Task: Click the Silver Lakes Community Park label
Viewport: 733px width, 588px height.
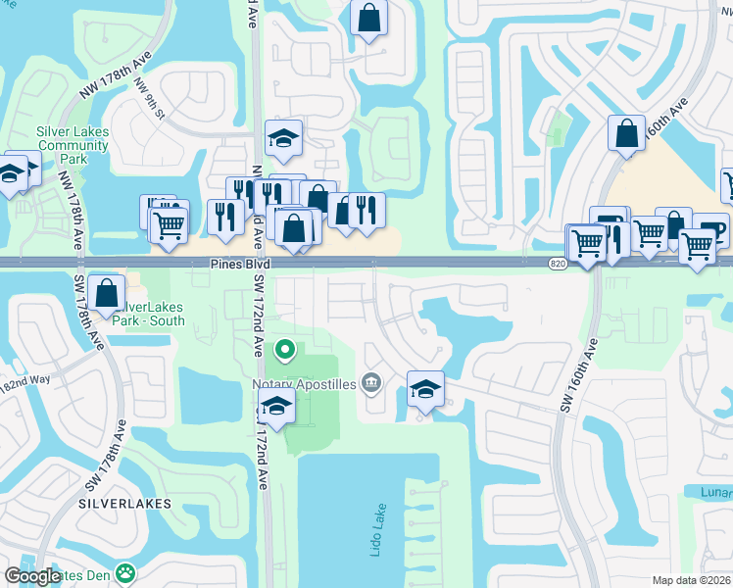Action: (x=73, y=145)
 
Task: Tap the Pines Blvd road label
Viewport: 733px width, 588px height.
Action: (x=238, y=265)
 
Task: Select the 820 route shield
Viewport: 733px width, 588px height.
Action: (x=558, y=264)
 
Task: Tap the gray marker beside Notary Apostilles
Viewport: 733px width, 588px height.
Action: (x=370, y=383)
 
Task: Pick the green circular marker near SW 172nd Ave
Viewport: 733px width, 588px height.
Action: (x=284, y=348)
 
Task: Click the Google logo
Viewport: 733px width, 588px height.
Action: (x=34, y=576)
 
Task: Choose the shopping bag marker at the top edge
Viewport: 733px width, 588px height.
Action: (x=368, y=18)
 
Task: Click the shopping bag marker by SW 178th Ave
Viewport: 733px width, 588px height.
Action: (x=106, y=291)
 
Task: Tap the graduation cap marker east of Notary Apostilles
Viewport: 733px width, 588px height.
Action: (x=425, y=390)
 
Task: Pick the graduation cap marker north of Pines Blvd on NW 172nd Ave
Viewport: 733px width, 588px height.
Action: (x=283, y=139)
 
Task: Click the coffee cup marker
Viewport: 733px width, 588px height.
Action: (x=711, y=230)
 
